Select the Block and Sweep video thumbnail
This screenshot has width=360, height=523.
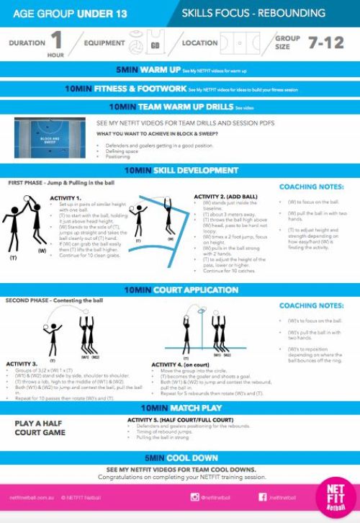pos(50,138)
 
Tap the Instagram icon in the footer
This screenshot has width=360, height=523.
pos(194,496)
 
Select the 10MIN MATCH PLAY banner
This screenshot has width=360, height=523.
pos(179,408)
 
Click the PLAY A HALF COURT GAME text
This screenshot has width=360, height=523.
pos(40,428)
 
